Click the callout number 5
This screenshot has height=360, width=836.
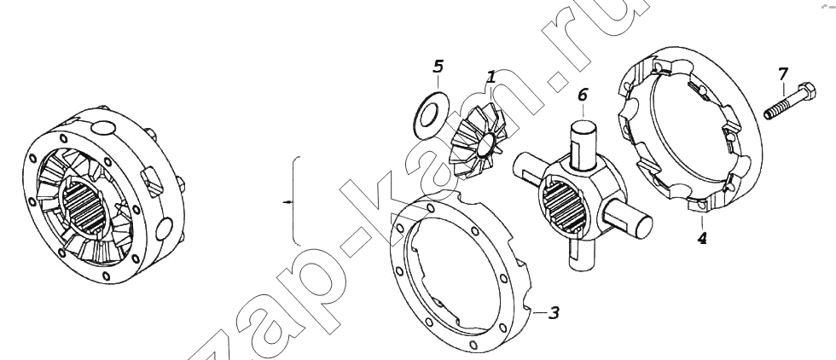point(438,67)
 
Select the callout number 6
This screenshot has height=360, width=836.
point(582,96)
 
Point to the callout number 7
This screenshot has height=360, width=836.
point(782,74)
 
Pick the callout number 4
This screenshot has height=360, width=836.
point(702,237)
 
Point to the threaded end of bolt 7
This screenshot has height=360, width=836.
point(771,113)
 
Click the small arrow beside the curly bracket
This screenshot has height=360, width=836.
point(288,202)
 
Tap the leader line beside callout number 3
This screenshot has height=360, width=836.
point(539,311)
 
